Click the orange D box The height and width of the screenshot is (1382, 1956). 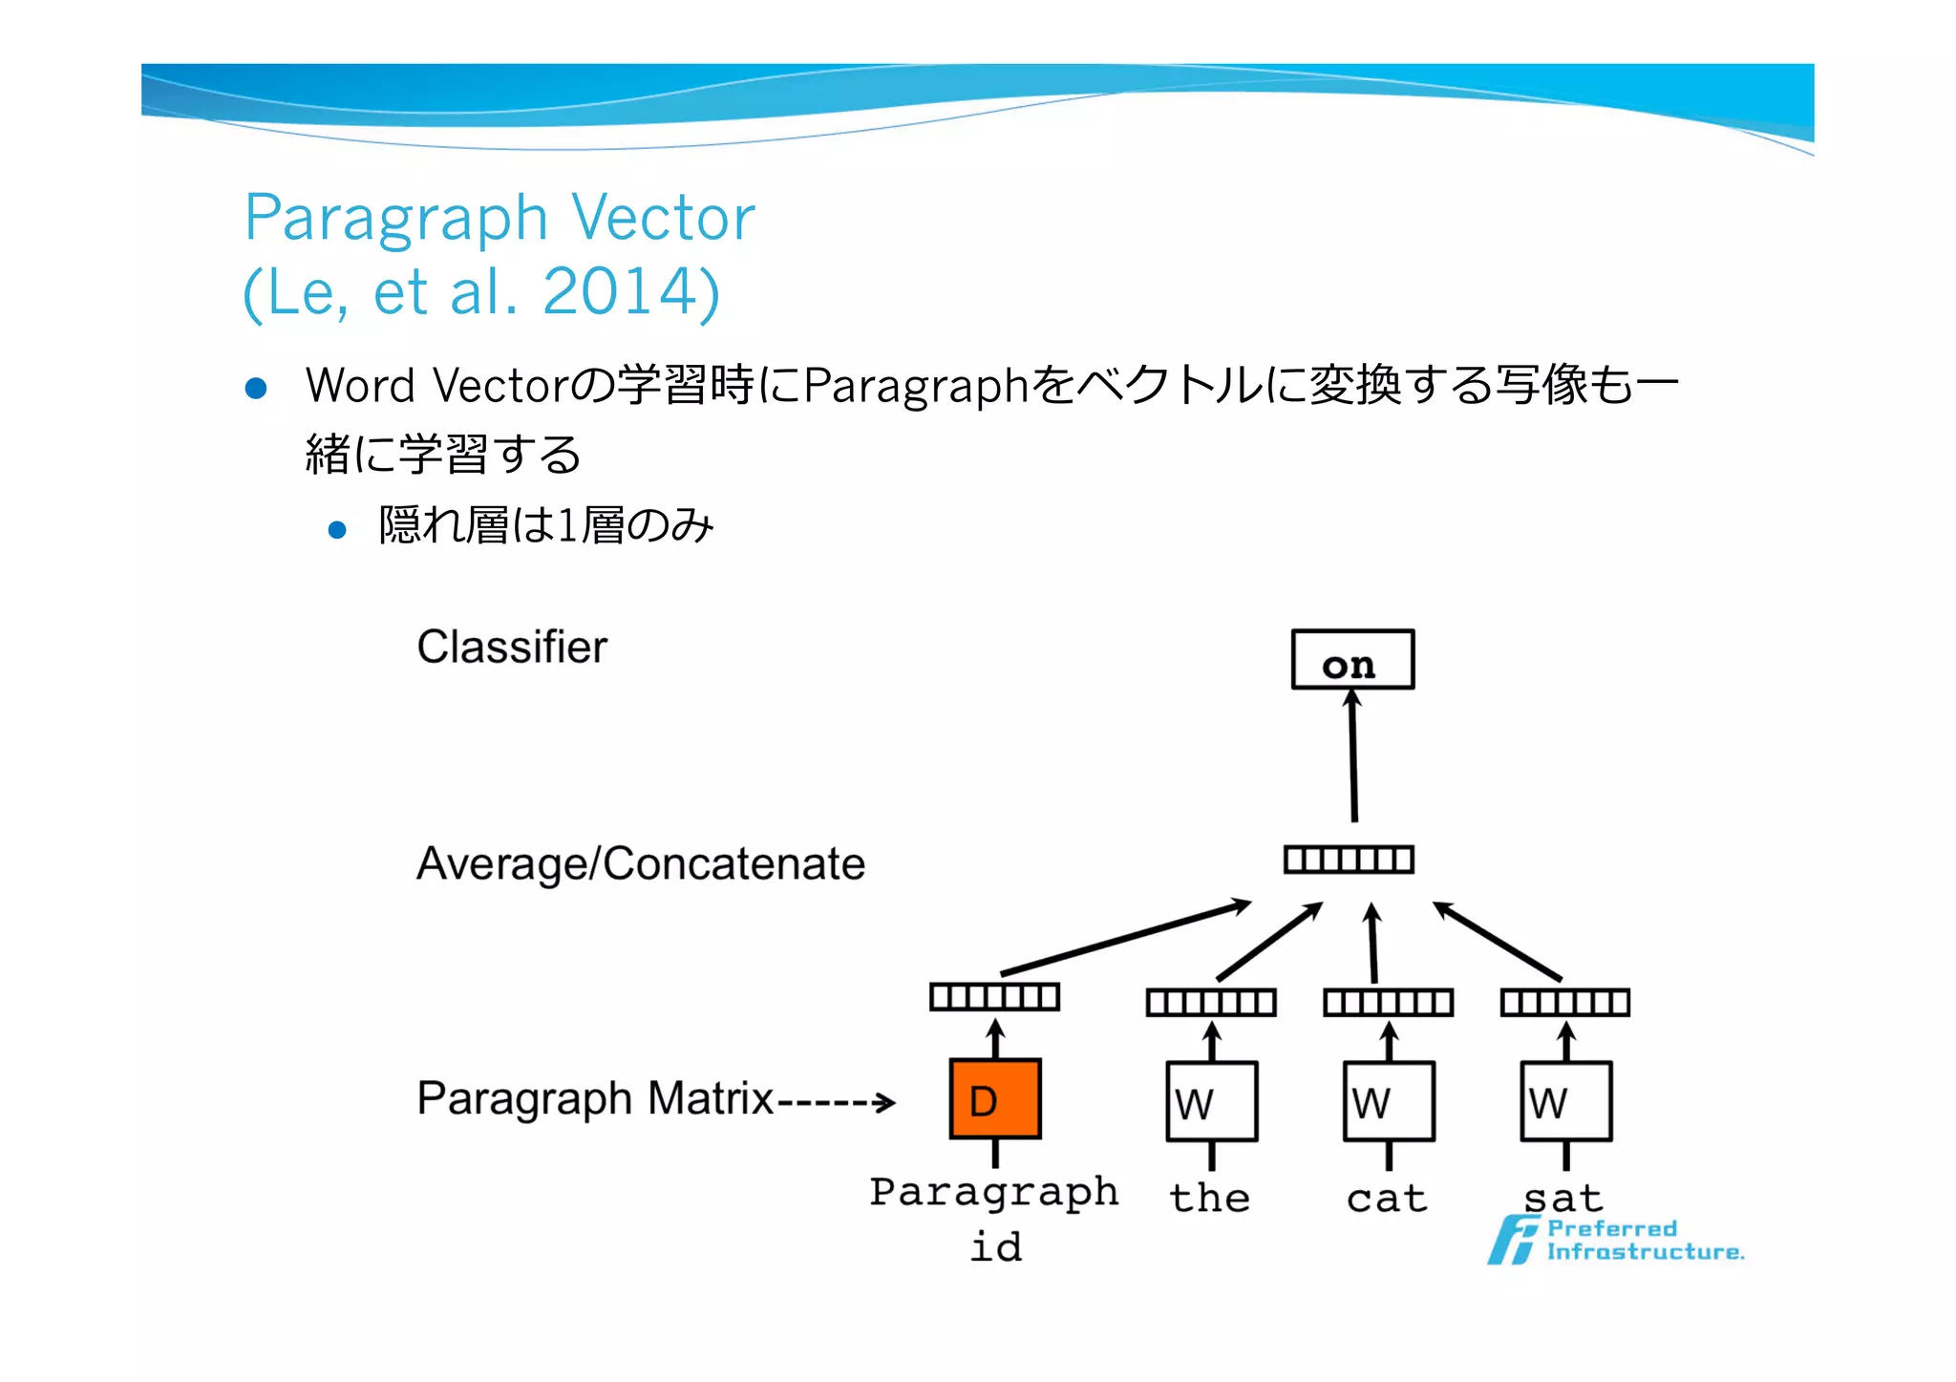994,1098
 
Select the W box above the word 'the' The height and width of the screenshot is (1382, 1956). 1211,1101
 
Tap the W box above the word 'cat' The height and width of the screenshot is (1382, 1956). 1388,1101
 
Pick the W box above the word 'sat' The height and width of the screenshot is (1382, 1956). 1565,1101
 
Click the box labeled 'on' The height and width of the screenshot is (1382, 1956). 1351,660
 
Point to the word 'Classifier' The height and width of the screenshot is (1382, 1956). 511,648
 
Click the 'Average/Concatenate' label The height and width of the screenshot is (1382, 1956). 640,864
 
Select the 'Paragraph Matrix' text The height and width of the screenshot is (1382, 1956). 594,1098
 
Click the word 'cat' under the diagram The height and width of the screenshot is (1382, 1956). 1387,1199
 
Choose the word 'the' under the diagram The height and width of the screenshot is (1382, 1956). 1209,1199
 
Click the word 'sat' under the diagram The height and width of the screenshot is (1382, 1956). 1563,1199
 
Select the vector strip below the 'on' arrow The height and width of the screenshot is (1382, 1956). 1348,860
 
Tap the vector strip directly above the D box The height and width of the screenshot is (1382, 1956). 994,997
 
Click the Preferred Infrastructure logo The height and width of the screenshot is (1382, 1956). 1614,1241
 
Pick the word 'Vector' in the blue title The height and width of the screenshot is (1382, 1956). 663,218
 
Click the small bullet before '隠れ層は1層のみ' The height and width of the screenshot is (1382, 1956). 337,530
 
